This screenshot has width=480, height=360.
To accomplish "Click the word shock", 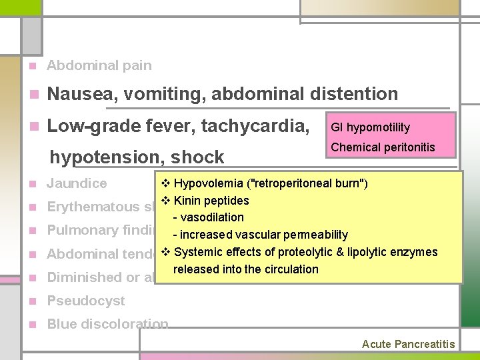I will coord(198,157).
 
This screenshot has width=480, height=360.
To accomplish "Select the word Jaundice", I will coord(77,183).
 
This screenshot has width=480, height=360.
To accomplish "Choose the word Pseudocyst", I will coord(86,301).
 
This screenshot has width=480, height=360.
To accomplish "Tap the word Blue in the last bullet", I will coord(61,325).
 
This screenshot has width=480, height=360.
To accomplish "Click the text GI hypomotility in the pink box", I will coord(371,127).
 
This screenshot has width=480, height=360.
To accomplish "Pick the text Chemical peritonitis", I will coord(383,147).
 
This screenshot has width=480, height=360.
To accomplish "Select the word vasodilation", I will coord(212,217).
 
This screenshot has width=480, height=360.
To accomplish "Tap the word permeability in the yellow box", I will coord(315,235).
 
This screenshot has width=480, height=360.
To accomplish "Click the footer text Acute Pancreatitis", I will coord(408,344).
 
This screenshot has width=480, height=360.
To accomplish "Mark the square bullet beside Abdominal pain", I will coord(31,66).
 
